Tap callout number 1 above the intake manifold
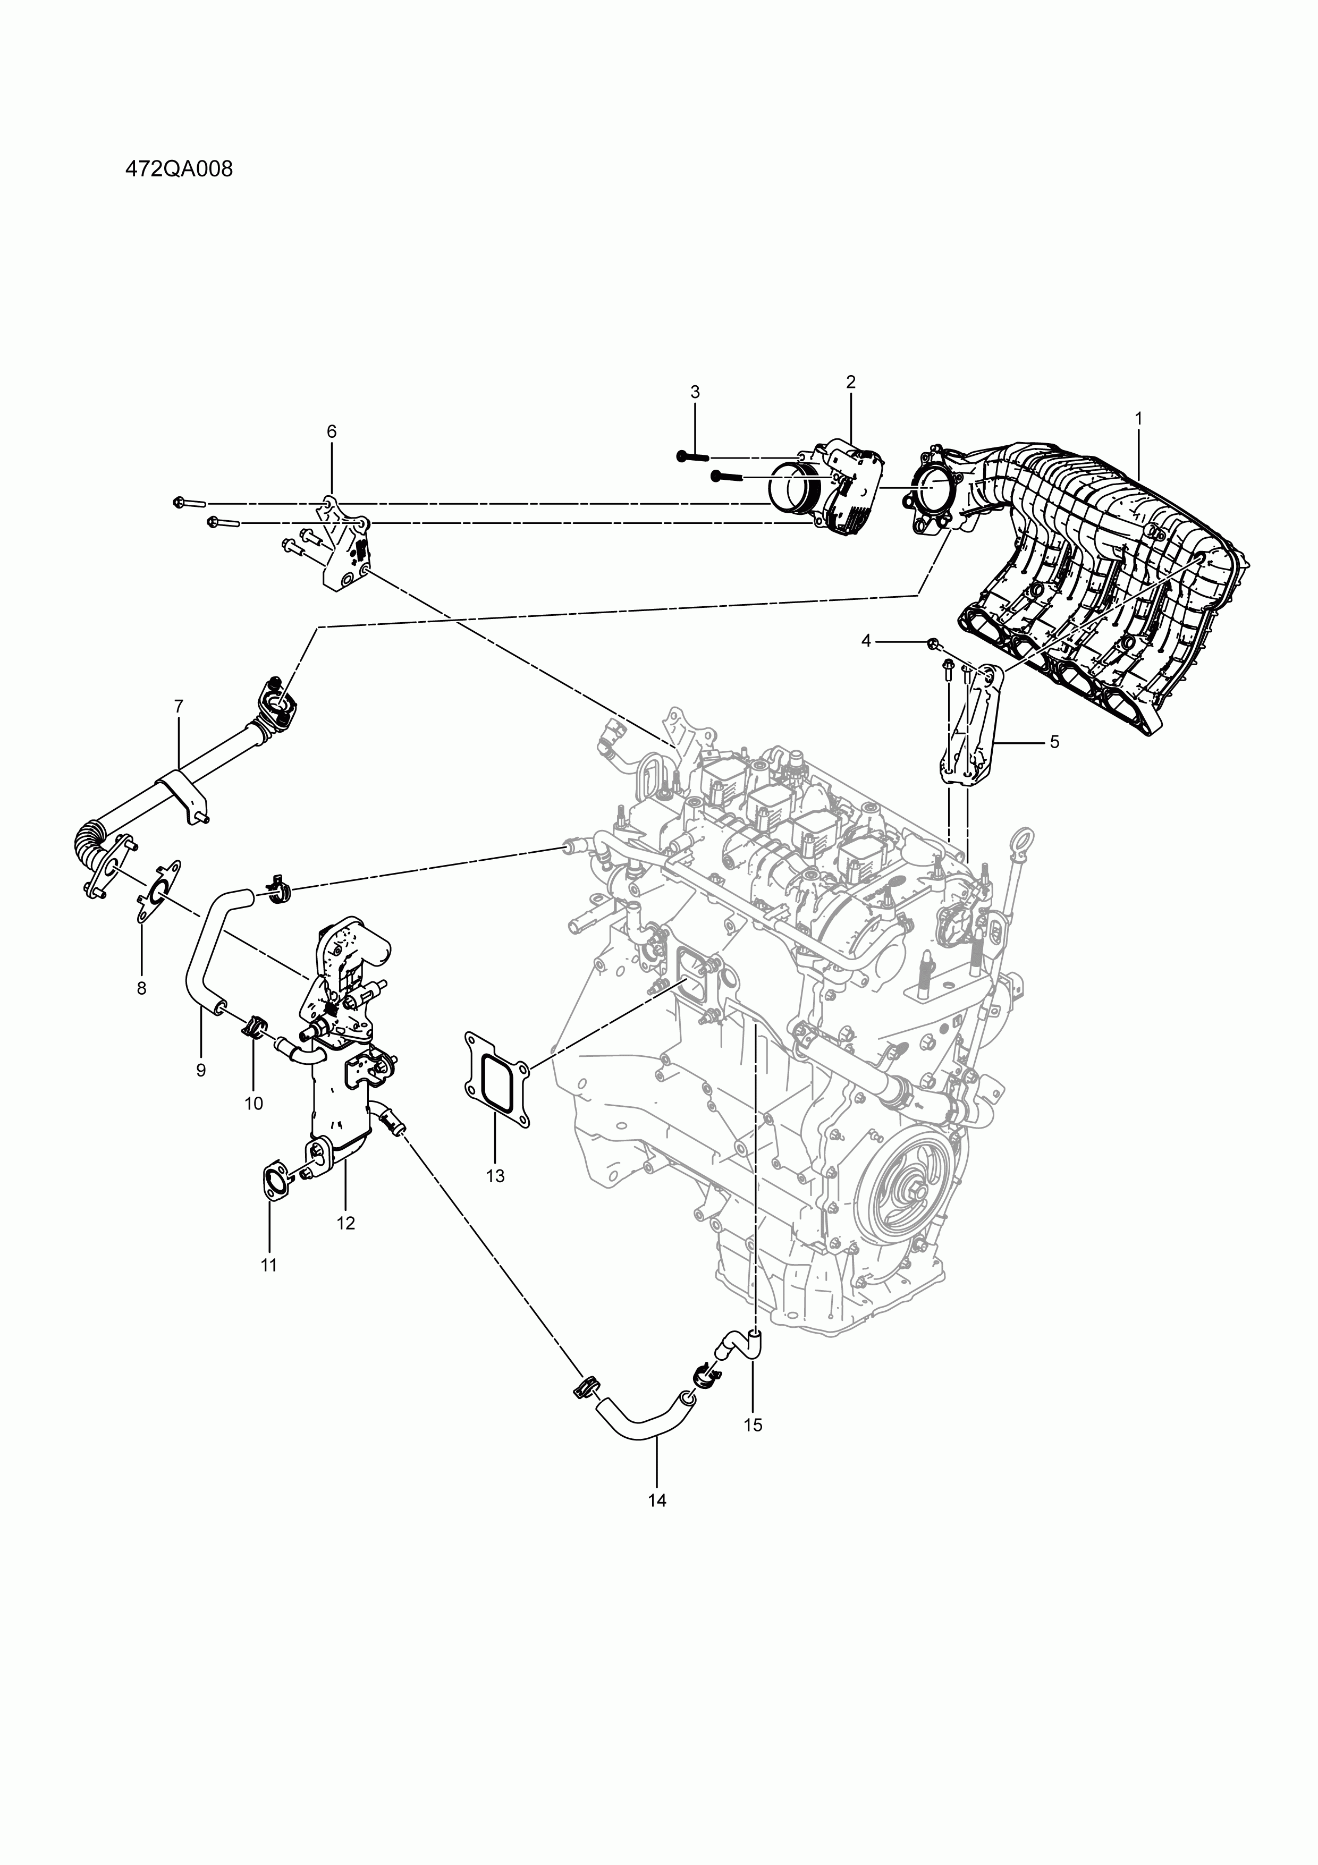pyautogui.click(x=1138, y=418)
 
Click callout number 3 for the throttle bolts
pyautogui.click(x=695, y=392)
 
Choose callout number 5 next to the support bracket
pyautogui.click(x=1055, y=742)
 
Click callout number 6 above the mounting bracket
pyautogui.click(x=332, y=431)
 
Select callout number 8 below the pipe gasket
pyautogui.click(x=141, y=988)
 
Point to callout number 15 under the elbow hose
pyautogui.click(x=753, y=1425)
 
